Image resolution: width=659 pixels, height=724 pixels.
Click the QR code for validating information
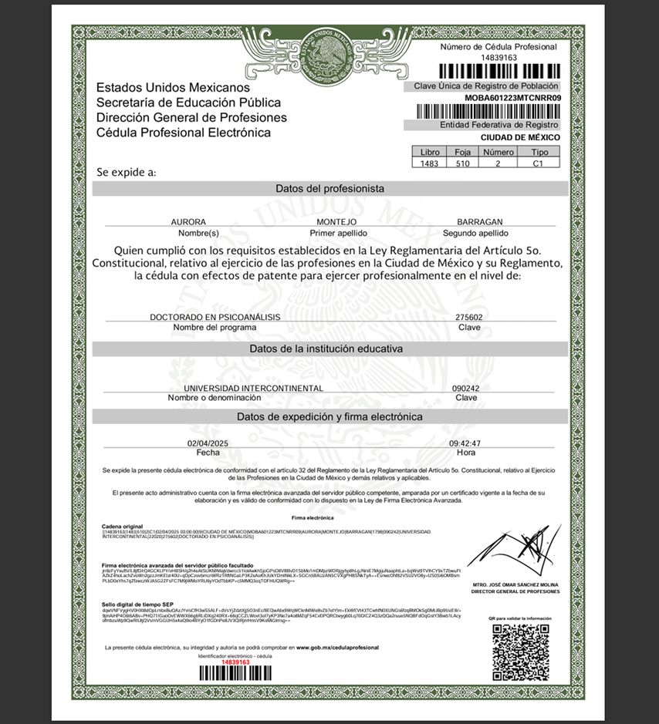(521, 650)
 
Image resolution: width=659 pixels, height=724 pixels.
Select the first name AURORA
(188, 222)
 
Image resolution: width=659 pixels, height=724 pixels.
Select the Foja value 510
(462, 163)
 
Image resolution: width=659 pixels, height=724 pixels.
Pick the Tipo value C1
(539, 163)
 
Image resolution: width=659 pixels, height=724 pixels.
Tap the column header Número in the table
(498, 153)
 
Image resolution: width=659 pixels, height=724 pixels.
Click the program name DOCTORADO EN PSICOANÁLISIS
(215, 317)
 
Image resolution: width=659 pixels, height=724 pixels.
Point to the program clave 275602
(470, 317)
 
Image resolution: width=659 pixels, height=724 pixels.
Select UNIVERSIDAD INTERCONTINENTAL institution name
(253, 389)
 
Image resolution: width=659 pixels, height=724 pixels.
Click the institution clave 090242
(465, 389)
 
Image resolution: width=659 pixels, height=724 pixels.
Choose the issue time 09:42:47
(465, 443)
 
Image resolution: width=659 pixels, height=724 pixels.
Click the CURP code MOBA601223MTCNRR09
(512, 99)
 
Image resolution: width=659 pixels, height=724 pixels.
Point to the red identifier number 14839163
(235, 662)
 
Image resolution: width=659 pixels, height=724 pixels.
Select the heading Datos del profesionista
(329, 188)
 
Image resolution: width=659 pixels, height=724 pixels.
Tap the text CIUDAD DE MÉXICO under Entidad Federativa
(520, 137)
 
